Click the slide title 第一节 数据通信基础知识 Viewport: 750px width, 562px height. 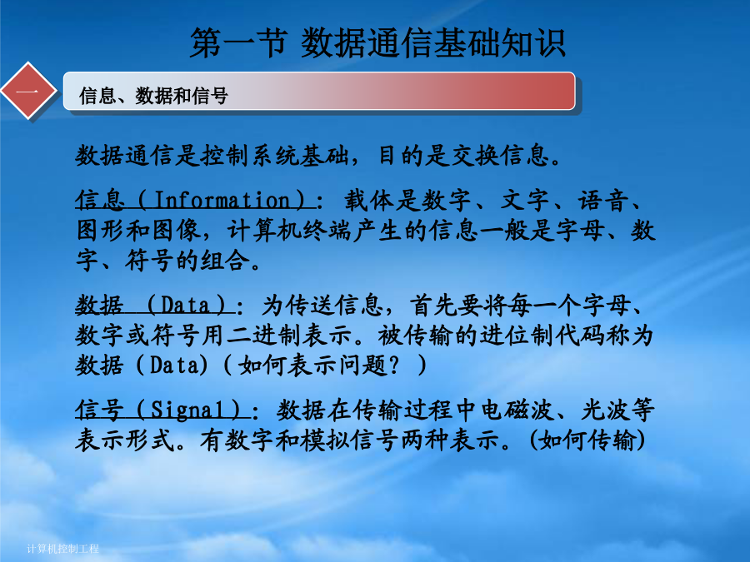[x=377, y=43]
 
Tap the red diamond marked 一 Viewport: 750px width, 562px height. [x=28, y=90]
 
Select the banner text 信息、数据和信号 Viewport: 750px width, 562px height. [x=153, y=96]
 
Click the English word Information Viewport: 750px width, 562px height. [x=222, y=200]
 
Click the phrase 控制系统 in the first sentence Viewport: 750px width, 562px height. [x=250, y=156]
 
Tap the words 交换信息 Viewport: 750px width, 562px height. [x=499, y=156]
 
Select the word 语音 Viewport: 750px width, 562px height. [x=602, y=200]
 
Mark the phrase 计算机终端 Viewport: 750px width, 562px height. [x=289, y=231]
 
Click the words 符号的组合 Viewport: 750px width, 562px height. [x=187, y=261]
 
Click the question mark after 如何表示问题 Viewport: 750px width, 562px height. [x=394, y=366]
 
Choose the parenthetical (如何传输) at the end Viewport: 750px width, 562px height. [x=587, y=440]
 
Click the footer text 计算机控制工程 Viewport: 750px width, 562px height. [x=62, y=549]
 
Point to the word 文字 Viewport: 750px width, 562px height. [x=524, y=200]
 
